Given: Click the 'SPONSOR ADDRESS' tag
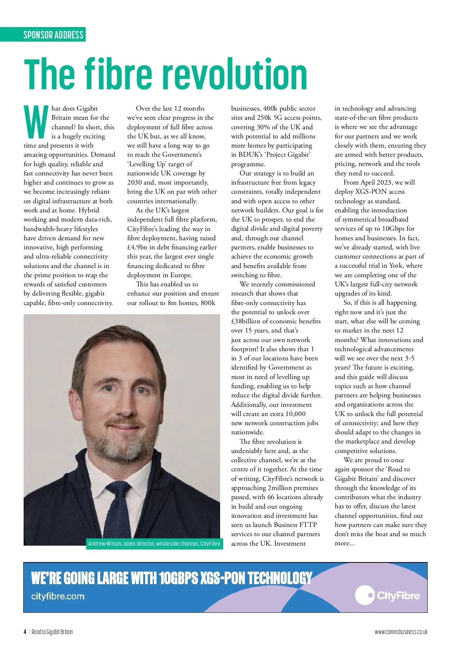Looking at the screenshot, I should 53,35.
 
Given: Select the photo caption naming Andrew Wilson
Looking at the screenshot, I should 154,544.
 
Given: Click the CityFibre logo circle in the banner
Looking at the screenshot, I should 365,595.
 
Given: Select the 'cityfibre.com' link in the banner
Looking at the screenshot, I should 58,596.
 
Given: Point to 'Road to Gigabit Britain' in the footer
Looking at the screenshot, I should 52,632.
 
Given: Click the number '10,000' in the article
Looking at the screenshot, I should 296,414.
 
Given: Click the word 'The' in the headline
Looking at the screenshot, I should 50,74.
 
